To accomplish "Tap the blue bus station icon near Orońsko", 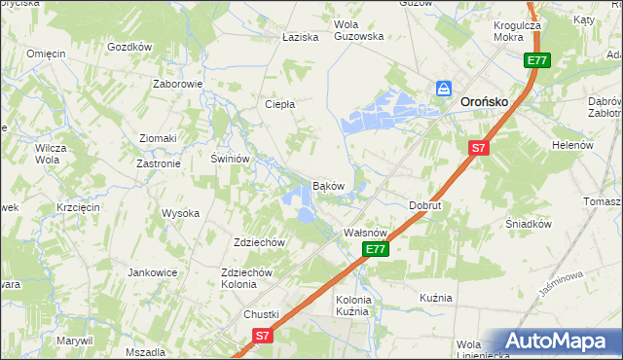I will [x=444, y=89].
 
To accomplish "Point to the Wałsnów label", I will [x=368, y=234].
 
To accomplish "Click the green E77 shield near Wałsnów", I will [x=378, y=250].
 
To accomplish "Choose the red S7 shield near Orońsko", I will [x=477, y=148].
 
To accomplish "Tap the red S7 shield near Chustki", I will [x=261, y=336].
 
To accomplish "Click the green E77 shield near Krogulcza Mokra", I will [x=537, y=60].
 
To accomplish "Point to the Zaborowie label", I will [x=177, y=84].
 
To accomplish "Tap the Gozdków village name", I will [x=129, y=47].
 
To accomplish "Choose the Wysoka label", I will [x=180, y=213].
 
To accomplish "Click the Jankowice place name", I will [x=151, y=272].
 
